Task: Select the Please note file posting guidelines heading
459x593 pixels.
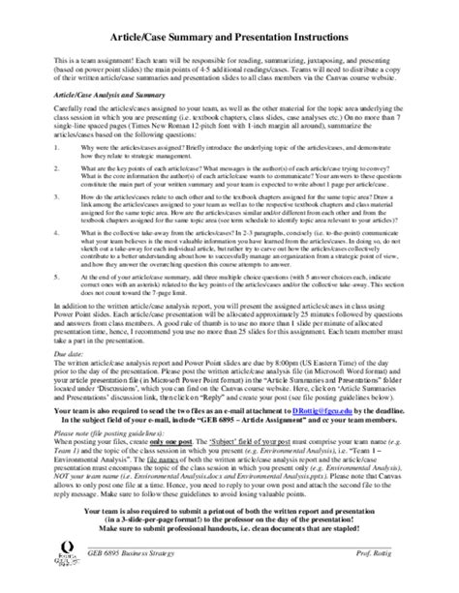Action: pyautogui.click(x=107, y=460)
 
